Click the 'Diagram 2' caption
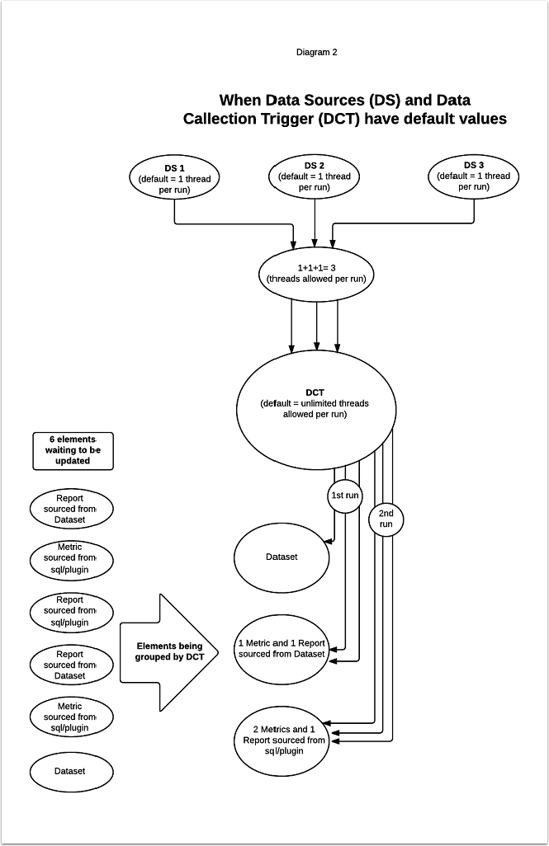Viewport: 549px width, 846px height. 316,52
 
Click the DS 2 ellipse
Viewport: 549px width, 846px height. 315,176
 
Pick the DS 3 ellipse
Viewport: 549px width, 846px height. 474,176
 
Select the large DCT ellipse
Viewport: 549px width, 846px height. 314,404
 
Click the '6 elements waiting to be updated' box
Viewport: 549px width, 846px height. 72,451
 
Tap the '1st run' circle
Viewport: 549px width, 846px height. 345,496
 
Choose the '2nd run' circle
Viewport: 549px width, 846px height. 386,519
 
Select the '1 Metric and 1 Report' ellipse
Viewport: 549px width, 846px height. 282,648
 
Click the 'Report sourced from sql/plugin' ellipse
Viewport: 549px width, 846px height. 70,610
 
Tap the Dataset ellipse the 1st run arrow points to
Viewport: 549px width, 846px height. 282,557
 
